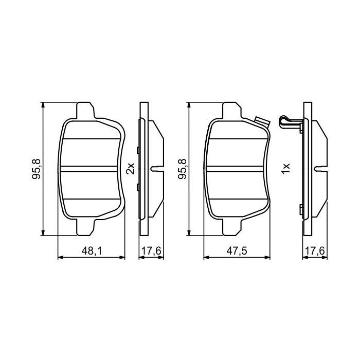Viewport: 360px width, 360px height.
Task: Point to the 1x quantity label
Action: [286, 168]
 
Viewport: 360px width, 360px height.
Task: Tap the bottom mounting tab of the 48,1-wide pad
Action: [85, 226]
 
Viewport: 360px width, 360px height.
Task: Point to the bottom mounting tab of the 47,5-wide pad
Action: [231, 226]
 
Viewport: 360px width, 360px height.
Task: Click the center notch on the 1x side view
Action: [319, 168]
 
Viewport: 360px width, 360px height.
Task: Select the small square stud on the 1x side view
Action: [300, 208]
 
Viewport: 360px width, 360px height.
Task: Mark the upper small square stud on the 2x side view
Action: [138, 150]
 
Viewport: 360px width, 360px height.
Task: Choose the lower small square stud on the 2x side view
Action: [138, 187]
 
